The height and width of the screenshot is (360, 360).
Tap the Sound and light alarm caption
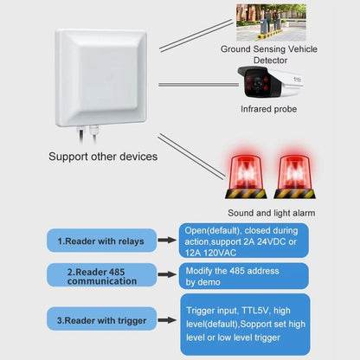coord(271,212)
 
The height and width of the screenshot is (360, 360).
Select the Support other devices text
coord(103,157)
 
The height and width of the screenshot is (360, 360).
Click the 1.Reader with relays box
coord(102,240)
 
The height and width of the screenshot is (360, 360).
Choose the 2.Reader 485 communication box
coord(102,275)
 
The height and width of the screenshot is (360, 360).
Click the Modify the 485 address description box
coord(243,275)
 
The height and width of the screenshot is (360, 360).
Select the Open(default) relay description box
coord(243,239)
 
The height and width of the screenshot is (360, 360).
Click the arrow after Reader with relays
coord(167,240)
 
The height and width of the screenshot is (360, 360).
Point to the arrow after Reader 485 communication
coord(167,275)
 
